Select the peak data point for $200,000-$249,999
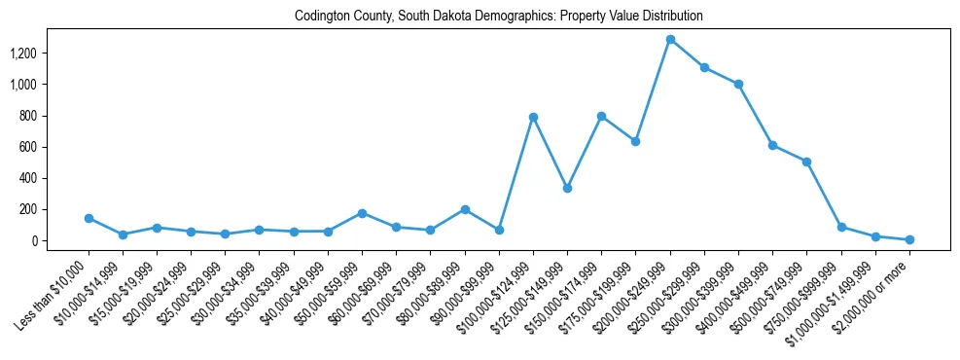(670, 40)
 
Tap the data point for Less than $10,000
(89, 218)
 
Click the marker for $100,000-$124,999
(533, 117)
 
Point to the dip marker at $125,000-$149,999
(567, 188)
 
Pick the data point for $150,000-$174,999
(601, 116)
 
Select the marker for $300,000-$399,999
(738, 84)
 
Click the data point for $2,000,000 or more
(909, 239)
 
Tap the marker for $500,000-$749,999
(806, 162)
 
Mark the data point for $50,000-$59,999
(362, 213)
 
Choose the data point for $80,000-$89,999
(465, 209)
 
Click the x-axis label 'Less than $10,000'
(54, 290)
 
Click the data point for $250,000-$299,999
(704, 67)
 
